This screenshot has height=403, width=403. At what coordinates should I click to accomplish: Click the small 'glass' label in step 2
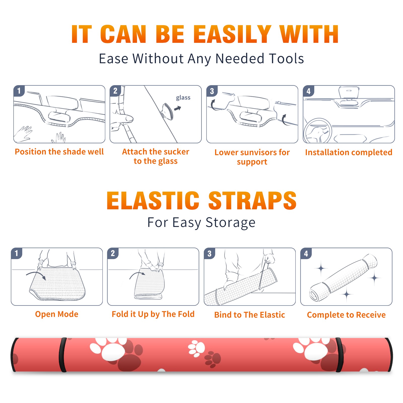pyautogui.click(x=183, y=98)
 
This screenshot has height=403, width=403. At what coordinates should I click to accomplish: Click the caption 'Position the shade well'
pyautogui.click(x=59, y=152)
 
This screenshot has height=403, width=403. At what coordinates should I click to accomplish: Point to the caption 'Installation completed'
pyautogui.click(x=349, y=152)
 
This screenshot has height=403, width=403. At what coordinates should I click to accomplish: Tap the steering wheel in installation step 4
pyautogui.click(x=318, y=131)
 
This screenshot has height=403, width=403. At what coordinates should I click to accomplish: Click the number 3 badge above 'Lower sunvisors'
pyautogui.click(x=212, y=91)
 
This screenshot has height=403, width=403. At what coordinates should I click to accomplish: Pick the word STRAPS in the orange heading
pyautogui.click(x=252, y=200)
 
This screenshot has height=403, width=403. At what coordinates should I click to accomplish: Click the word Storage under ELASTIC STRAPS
pyautogui.click(x=230, y=223)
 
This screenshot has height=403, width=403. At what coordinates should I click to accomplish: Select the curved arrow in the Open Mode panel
pyautogui.click(x=36, y=275)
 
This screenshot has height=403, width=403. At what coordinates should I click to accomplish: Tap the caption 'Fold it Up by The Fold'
pyautogui.click(x=153, y=314)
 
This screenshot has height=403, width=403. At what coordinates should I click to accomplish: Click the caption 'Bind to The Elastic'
pyautogui.click(x=250, y=315)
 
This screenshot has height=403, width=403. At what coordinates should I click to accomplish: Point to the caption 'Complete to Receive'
pyautogui.click(x=346, y=315)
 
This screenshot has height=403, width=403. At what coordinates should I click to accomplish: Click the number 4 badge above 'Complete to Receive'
pyautogui.click(x=306, y=253)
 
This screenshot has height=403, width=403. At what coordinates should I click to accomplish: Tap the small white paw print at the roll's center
pyautogui.click(x=196, y=348)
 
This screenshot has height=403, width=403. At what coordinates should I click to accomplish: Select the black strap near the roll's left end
pyautogui.click(x=63, y=355)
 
